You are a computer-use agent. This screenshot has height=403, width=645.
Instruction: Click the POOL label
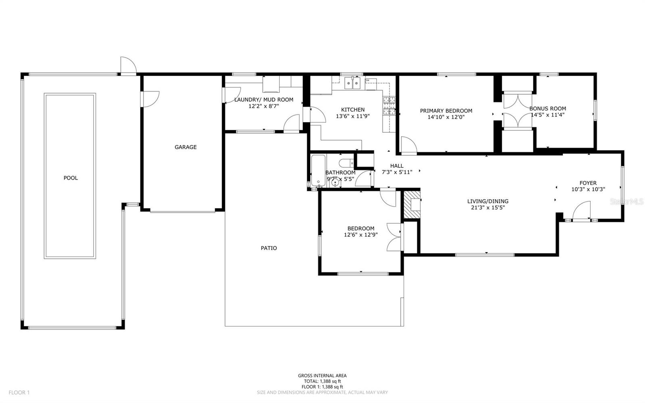coord(71,178)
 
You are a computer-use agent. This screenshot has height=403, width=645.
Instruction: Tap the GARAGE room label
coord(185,147)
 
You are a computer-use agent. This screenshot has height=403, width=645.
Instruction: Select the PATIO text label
coord(268,248)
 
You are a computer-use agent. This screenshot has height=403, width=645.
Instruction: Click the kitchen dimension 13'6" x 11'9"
coord(353,116)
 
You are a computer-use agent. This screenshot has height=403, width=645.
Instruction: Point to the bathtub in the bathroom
coord(318,171)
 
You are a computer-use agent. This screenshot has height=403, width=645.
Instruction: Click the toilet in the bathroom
coord(345,163)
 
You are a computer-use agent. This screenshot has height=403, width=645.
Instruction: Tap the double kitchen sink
coord(353,84)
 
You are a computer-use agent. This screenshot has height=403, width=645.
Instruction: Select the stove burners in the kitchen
coord(389,106)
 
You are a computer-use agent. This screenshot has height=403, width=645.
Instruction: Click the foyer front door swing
coord(581,211)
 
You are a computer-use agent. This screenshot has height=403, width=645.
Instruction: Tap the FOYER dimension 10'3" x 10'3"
coord(588,189)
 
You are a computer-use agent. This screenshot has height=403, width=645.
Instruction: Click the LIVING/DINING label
coord(488,201)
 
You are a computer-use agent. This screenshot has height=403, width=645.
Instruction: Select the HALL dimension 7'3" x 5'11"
coord(397,172)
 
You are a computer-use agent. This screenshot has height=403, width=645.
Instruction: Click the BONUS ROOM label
coord(547,109)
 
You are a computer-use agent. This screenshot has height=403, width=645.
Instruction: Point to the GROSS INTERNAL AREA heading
coord(322,376)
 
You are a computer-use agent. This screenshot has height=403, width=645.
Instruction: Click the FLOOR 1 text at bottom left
coord(19,393)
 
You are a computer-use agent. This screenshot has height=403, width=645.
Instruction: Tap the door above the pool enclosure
coord(128,67)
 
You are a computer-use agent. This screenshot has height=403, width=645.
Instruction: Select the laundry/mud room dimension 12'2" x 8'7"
coord(264,106)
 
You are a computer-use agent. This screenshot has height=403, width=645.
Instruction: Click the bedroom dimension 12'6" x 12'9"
coord(360,234)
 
